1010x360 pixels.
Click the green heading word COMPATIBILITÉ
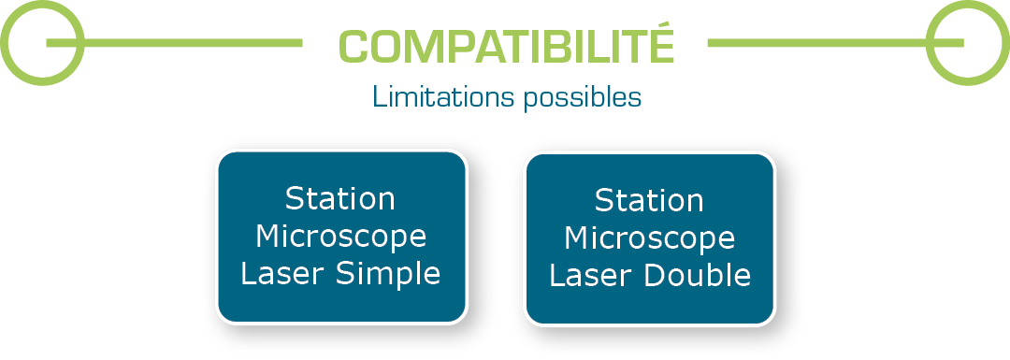(506, 46)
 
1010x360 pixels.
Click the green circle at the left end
(43, 43)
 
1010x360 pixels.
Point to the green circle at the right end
(967, 43)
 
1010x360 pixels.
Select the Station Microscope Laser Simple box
(341, 237)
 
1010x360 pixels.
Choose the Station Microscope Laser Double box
(650, 238)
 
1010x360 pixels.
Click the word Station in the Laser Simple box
(340, 199)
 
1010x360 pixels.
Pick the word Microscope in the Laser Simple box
(340, 237)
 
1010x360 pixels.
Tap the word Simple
(392, 274)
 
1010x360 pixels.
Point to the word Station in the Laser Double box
(649, 201)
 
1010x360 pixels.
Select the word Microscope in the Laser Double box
(649, 238)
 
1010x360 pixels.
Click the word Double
(701, 276)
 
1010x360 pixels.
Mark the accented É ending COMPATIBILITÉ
(661, 45)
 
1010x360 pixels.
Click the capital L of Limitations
(378, 97)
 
